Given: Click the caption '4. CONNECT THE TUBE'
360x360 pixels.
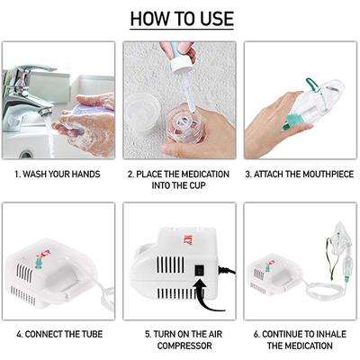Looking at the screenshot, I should coord(58,334).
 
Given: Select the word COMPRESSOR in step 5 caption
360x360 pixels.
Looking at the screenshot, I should coord(180,346).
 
